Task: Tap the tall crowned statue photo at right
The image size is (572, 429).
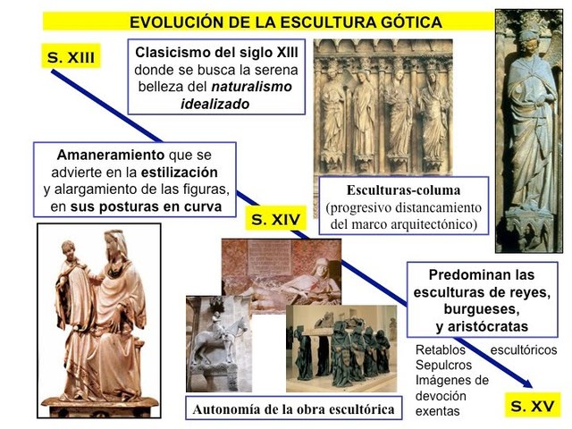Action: point(529,130)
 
